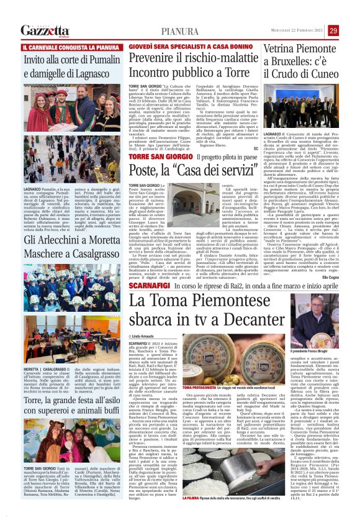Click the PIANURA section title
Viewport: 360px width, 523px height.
tap(179, 31)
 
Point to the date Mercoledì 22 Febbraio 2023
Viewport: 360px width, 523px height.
tap(295, 30)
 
